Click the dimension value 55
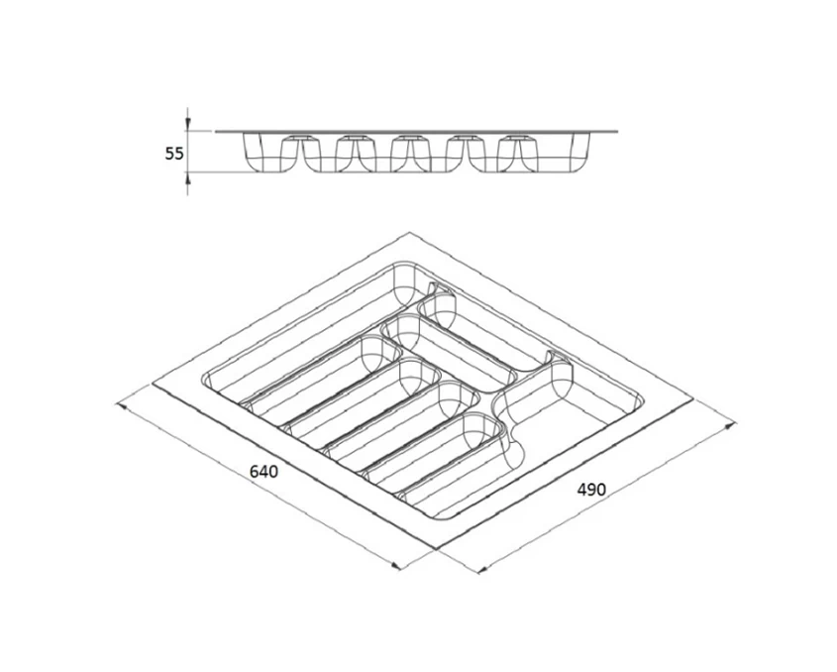point(173,154)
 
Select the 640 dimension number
point(263,472)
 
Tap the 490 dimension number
point(591,489)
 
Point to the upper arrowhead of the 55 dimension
point(187,125)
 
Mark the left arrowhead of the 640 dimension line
point(121,406)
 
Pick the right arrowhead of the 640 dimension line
point(395,566)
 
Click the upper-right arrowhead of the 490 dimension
point(730,425)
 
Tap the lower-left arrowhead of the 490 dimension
point(481,570)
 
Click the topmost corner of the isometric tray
point(409,232)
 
